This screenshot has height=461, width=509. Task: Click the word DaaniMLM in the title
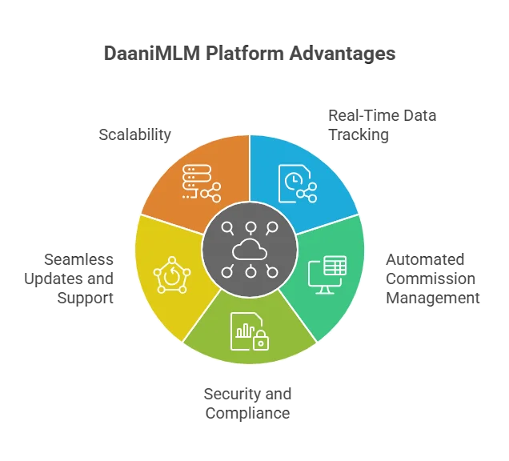[x=152, y=53]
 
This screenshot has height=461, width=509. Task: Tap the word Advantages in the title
[x=343, y=54]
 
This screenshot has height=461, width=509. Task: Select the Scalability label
[x=134, y=134]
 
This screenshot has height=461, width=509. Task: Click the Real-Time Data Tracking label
[x=382, y=125]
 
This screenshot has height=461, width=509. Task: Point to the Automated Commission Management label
[x=433, y=279]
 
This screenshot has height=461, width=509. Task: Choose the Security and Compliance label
[x=247, y=403]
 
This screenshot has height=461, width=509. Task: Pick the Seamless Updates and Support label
[x=69, y=279]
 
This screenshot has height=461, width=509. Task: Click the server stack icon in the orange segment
[x=202, y=183]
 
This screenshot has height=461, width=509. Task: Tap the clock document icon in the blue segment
[x=298, y=184]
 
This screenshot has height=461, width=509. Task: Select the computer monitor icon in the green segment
[x=327, y=275]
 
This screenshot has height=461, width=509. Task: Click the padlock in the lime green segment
[x=261, y=340]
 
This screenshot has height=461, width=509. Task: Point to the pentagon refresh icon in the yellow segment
[x=172, y=275]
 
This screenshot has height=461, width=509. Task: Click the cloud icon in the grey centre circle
[x=250, y=250]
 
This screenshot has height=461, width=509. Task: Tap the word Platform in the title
[x=245, y=53]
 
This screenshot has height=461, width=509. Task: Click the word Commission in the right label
[x=431, y=279]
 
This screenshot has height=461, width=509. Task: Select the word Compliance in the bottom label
[x=247, y=413]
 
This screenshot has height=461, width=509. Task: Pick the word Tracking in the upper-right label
[x=359, y=134]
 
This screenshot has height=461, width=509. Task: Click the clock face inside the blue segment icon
[x=294, y=181]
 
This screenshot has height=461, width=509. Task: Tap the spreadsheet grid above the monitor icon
[x=335, y=266]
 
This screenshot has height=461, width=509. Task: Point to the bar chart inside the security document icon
[x=245, y=331]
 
